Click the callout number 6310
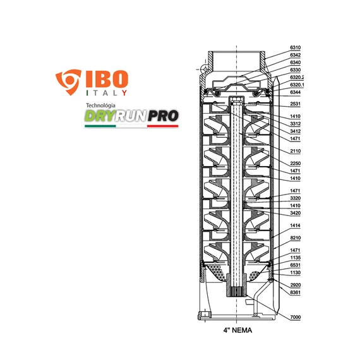click(296, 47)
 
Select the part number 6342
click(296, 56)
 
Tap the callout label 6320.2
click(297, 77)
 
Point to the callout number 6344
click(296, 92)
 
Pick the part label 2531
click(296, 104)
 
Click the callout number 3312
click(296, 124)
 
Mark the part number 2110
click(296, 152)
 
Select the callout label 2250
click(296, 164)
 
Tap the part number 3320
click(296, 198)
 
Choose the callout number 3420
click(296, 213)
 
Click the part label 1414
click(296, 225)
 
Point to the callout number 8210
click(296, 238)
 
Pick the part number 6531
click(296, 265)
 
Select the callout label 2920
click(296, 285)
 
